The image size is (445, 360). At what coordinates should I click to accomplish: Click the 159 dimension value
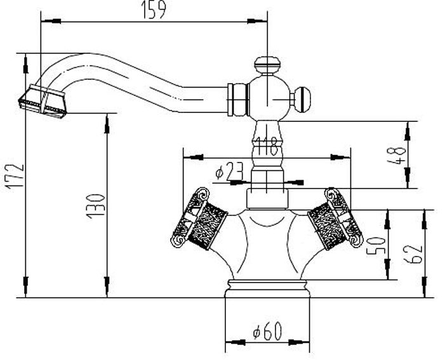point(153,10)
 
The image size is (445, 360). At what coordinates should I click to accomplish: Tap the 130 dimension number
point(95,206)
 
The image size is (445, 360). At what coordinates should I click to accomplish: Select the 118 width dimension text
point(266,146)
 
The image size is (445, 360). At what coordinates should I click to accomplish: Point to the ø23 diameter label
point(230,171)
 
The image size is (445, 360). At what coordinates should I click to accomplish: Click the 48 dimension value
point(395,156)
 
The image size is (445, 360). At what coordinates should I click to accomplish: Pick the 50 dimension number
point(376,246)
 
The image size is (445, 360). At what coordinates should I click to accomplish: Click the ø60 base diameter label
point(268,330)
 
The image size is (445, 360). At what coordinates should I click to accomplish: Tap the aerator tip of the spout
point(43,101)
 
